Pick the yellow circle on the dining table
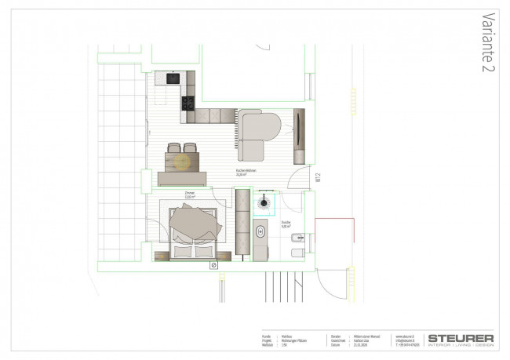click(x=182, y=162)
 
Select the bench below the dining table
click(x=182, y=179)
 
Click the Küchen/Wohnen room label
click(x=246, y=172)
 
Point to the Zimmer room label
click(x=189, y=194)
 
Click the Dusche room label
click(x=286, y=223)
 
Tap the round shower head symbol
click(x=263, y=201)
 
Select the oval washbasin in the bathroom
click(x=260, y=231)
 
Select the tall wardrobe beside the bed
click(x=242, y=226)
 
